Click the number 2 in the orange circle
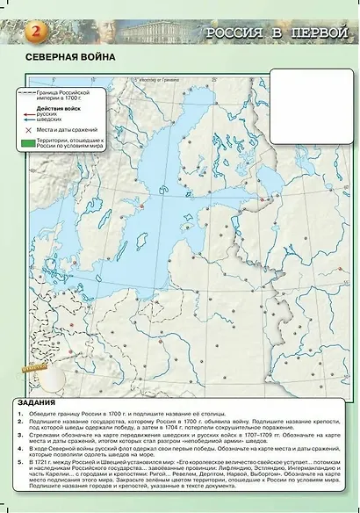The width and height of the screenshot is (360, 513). (36, 33)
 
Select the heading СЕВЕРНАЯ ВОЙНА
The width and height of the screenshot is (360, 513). (61, 59)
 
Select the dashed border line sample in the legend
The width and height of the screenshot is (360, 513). (30, 92)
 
